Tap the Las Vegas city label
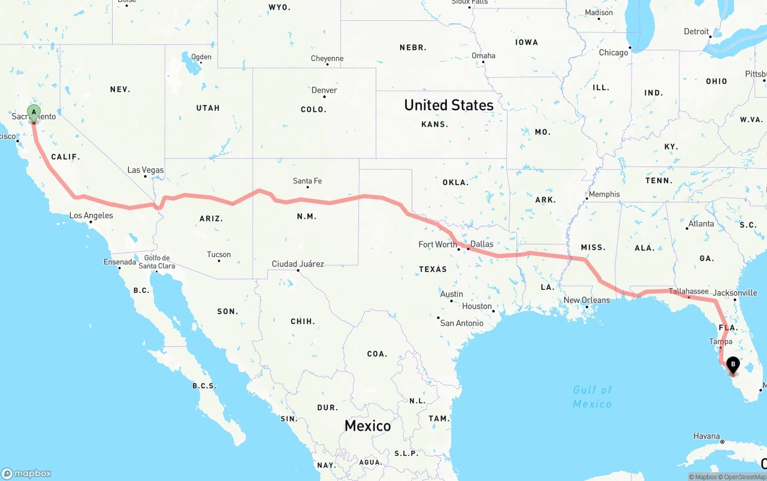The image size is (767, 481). (x=145, y=170)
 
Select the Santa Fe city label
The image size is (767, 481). (x=307, y=181)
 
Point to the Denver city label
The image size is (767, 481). (x=324, y=90)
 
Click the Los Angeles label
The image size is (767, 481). (x=91, y=216)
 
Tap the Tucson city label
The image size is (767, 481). (x=219, y=255)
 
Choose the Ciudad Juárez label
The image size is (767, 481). (x=298, y=264)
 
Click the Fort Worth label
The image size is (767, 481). (x=437, y=244)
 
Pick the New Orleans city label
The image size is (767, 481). (x=587, y=300)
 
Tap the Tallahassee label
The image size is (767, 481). (x=689, y=292)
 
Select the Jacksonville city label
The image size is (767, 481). (x=735, y=293)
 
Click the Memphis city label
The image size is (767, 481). (x=604, y=194)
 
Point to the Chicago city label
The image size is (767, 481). (x=614, y=53)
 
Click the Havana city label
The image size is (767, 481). (x=706, y=436)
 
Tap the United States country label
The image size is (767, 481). (x=449, y=105)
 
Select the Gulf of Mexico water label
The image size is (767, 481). (x=592, y=397)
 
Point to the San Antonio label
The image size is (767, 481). (x=461, y=323)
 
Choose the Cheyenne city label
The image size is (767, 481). (x=327, y=59)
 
